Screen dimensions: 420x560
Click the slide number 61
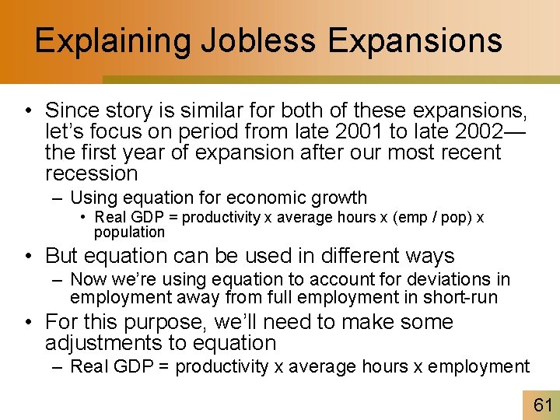[542, 404]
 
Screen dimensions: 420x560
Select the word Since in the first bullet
[72, 110]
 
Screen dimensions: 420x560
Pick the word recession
[91, 173]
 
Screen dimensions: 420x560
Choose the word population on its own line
[129, 232]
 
